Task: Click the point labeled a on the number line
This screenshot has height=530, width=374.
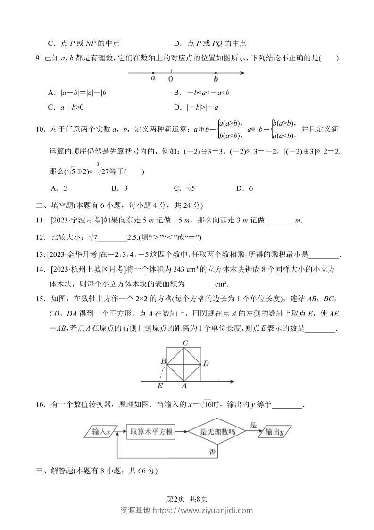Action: tap(153, 73)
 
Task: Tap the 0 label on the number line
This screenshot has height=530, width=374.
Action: tap(170, 79)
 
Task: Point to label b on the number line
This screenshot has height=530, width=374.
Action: tap(216, 79)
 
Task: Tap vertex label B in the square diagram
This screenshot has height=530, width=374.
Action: tap(163, 361)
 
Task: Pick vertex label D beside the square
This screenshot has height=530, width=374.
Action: tap(206, 363)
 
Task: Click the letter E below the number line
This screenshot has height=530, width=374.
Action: tap(160, 386)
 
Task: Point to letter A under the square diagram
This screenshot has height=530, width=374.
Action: tap(184, 386)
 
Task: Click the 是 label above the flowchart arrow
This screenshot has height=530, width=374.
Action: tap(253, 425)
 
